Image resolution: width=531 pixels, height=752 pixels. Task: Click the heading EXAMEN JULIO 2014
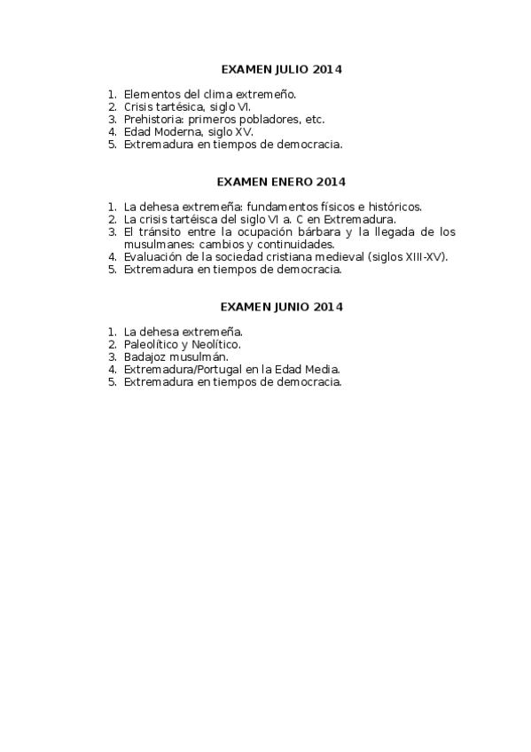point(281,68)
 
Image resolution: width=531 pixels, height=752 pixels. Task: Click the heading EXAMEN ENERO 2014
point(281,182)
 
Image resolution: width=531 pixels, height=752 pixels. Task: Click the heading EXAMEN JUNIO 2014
point(281,307)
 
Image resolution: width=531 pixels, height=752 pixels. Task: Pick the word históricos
point(394,207)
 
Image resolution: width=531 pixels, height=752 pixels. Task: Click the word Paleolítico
point(152,344)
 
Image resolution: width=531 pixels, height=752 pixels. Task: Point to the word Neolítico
point(216,344)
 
